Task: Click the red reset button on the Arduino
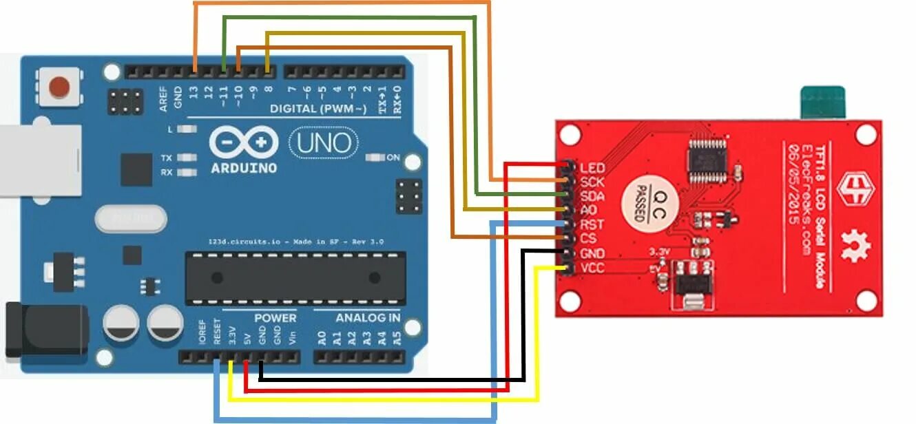point(60,87)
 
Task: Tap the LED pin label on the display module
point(592,168)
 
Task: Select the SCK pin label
point(592,182)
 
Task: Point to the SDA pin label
point(592,196)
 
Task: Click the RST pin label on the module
point(592,224)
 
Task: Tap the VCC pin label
point(592,268)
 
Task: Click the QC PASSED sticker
point(649,204)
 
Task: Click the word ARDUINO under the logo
point(244,167)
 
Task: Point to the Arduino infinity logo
point(244,143)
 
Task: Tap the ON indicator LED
point(375,158)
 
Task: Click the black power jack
point(45,331)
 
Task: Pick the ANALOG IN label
point(368,318)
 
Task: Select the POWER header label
point(275,318)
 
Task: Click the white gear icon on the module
point(856,243)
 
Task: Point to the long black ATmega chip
point(295,277)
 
